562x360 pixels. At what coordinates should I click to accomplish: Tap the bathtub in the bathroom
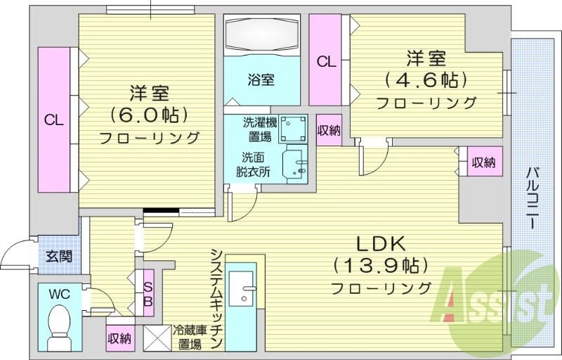262,33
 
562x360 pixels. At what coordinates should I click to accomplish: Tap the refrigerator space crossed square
157,337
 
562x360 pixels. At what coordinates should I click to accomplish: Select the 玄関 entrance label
58,257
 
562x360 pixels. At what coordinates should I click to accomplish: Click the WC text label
59,294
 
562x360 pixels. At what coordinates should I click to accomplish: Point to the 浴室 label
261,79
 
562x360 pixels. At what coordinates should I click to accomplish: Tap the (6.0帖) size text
148,114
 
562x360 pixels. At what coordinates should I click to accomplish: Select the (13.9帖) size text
380,266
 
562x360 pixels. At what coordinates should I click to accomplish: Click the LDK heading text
380,243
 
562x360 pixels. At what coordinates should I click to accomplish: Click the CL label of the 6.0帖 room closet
54,120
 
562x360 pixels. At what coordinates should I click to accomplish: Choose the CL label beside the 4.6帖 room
326,62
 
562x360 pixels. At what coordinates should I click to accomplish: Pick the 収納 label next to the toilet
119,338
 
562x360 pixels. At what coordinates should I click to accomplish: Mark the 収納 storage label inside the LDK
483,162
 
